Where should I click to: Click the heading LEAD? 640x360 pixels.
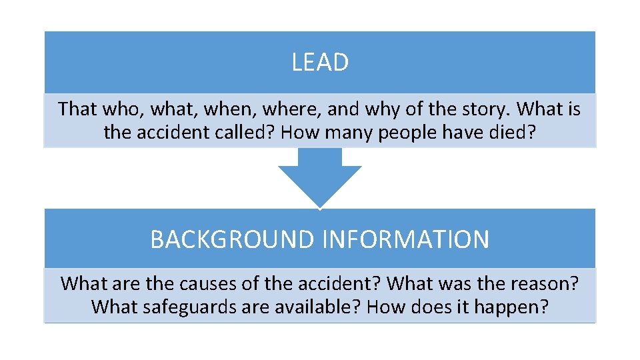click(x=320, y=63)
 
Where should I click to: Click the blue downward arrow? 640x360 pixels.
click(x=320, y=177)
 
